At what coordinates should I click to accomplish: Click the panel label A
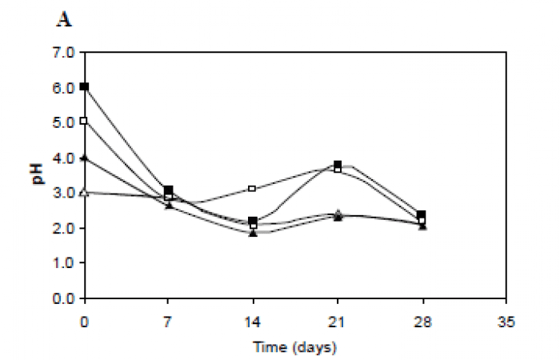coord(64,20)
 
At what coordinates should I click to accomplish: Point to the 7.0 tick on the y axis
coord(64,53)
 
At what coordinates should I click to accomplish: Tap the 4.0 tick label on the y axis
coord(64,158)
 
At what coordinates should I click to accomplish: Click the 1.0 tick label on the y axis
coord(64,263)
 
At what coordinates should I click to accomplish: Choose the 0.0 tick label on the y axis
coord(64,298)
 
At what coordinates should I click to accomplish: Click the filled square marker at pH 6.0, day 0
coord(84,86)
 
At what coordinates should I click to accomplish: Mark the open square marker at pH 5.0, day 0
coord(84,122)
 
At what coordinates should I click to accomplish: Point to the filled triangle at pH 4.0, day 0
coord(84,158)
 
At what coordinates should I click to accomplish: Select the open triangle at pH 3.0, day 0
coord(84,192)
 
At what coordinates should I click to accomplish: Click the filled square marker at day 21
coord(338,165)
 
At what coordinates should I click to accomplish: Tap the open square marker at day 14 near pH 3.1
coord(253,189)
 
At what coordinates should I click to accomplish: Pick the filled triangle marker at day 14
coord(253,233)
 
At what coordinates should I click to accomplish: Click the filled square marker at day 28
coord(422,214)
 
